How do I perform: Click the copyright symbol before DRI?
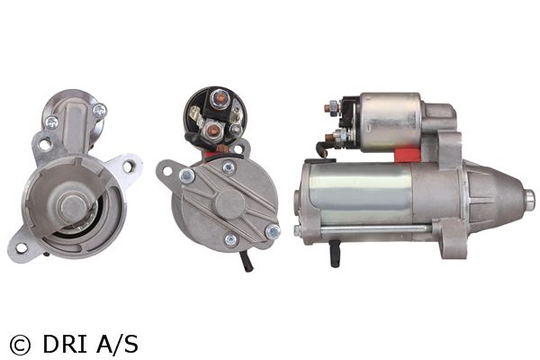pos(20,345)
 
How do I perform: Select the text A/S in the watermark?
pos(117,343)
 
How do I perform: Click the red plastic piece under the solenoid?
pos(408,155)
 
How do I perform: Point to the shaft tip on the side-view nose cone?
pos(530,200)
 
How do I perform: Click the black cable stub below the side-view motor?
pos(335,254)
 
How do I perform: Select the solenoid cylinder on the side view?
pos(389,121)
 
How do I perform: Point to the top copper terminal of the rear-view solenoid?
pos(220,98)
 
